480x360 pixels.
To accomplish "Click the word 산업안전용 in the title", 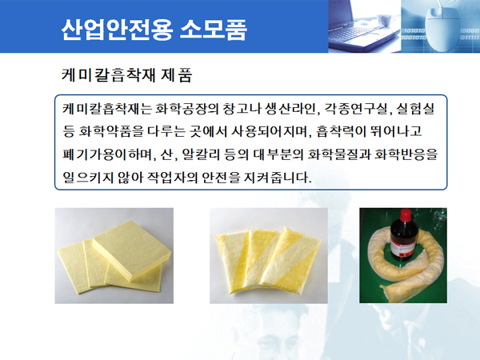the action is click(x=118, y=30).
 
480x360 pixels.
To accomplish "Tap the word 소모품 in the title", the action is click(x=214, y=30).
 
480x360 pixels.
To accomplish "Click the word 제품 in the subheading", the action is click(x=176, y=74).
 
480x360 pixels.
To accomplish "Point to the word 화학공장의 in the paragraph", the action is click(x=187, y=109).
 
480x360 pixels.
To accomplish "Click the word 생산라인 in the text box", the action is click(x=290, y=109).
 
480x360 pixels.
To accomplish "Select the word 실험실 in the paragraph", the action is click(x=415, y=109).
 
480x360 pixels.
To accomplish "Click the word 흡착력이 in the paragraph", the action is click(x=341, y=131).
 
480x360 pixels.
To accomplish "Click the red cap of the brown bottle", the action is click(x=405, y=215).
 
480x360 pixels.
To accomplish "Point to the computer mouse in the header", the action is click(x=441, y=29).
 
